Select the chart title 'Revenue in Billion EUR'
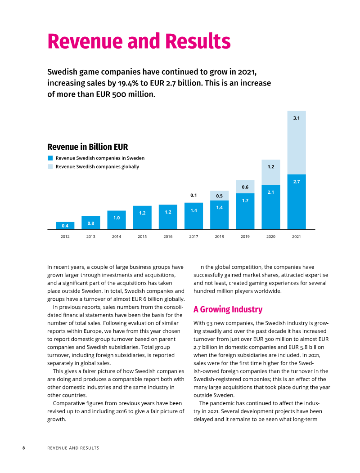coord(88,147)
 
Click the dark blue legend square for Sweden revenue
coord(50,158)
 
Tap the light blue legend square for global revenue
coord(50,166)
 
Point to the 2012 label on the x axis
coord(65,236)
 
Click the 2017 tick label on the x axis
coord(193,236)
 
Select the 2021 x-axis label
coord(296,236)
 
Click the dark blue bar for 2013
coord(90,223)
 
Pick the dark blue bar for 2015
coord(142,218)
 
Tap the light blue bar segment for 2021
coord(297,143)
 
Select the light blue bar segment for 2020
coord(271,172)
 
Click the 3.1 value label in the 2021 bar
coord(297,118)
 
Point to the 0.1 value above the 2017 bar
coord(193,196)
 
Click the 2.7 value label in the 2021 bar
coord(297,182)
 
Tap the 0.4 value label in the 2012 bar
coord(65,226)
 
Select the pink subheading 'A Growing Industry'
coord(228,309)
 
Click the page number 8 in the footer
coord(23,448)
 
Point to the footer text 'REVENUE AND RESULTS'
coord(73,448)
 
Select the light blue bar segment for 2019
coord(245,187)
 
